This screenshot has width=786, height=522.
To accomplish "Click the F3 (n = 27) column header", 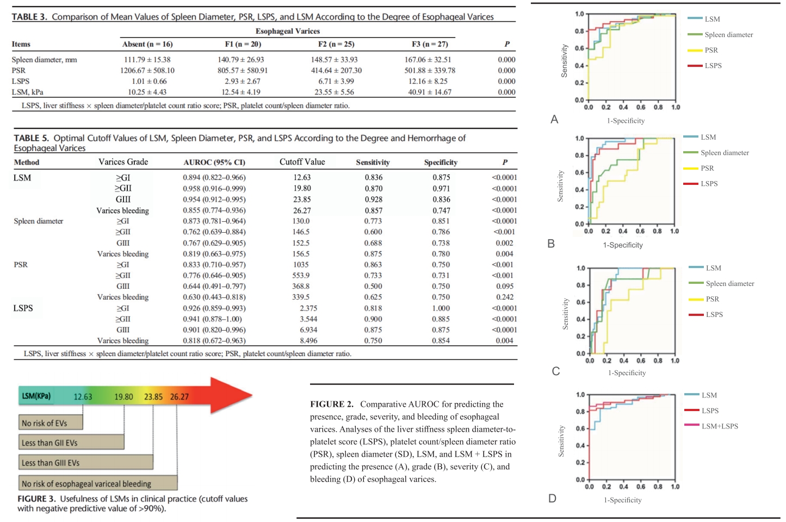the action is pos(430,44).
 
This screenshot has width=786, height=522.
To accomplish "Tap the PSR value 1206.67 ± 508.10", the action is pos(147,70).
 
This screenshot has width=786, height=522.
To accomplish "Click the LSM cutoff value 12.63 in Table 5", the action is pos(302,177).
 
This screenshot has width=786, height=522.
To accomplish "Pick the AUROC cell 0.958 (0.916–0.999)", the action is pos(214,188).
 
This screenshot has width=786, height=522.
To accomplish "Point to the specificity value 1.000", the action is pos(441,308).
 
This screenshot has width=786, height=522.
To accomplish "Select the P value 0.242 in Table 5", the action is pos(505,297).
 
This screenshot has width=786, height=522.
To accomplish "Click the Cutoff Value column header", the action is pos(302,161).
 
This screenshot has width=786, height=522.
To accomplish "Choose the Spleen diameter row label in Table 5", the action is pos(39,221).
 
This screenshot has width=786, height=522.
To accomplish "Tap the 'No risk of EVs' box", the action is pos(51,422).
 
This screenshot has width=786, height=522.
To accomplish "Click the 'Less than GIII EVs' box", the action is pos(86,462).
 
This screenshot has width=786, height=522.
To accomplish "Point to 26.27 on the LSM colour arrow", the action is pos(180,397).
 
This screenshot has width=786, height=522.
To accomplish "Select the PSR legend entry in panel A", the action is pos(703,50).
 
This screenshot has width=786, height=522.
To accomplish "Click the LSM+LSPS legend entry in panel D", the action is pos(711,426).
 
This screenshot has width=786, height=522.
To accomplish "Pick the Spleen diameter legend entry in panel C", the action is pos(721,283).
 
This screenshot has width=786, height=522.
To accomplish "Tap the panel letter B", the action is pos(551,244).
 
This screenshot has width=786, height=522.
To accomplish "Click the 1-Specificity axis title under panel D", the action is pos(622,500).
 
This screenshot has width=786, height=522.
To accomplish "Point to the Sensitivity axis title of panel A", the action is pos(564,60).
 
